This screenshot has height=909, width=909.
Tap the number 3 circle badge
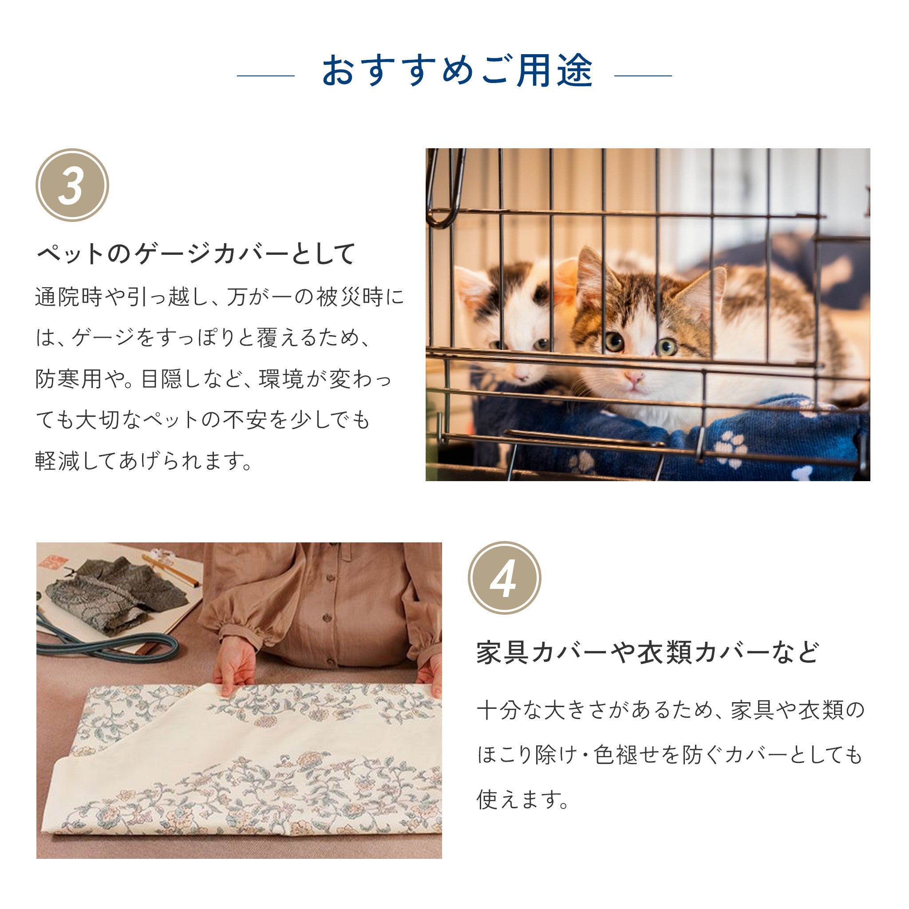click(x=72, y=185)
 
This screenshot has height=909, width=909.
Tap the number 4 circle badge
click(x=504, y=577)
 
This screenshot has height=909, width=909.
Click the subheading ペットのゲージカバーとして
click(x=196, y=254)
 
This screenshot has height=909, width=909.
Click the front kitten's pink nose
click(x=634, y=377)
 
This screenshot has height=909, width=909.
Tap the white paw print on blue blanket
click(x=731, y=447)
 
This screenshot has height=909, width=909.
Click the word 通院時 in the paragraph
click(x=69, y=297)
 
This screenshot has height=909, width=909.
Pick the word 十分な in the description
click(x=510, y=711)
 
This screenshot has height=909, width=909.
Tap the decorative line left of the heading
click(x=266, y=75)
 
